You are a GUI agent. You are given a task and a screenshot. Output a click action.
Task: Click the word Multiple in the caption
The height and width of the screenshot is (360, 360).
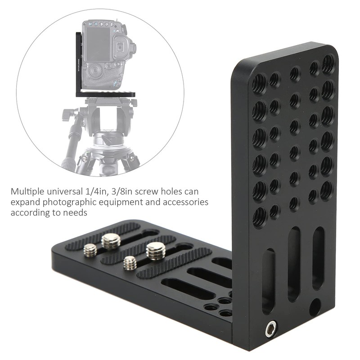click(28, 191)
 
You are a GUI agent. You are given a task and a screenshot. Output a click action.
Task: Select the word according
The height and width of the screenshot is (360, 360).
click(29, 212)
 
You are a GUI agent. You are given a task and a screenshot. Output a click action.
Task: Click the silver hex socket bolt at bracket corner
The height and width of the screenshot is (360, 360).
click(271, 330)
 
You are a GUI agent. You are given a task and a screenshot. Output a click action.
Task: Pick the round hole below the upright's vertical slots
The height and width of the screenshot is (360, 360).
click(315, 306)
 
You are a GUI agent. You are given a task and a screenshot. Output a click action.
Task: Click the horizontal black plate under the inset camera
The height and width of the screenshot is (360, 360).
click(108, 94)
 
